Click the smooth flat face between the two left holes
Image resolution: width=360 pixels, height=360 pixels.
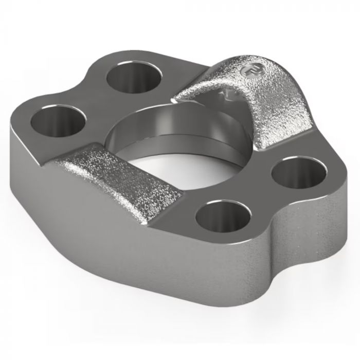[x=93, y=98]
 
